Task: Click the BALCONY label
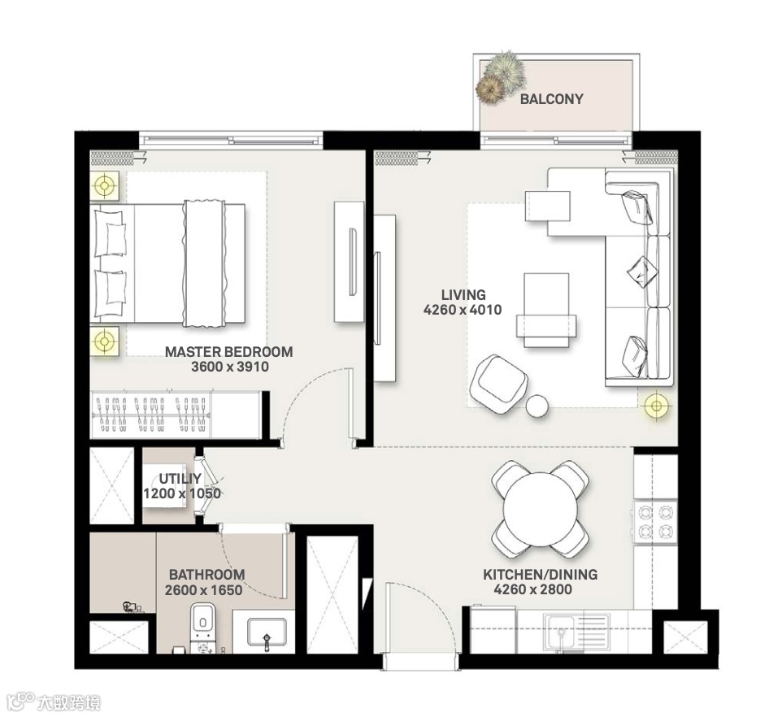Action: (551, 99)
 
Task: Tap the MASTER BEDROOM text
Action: (229, 352)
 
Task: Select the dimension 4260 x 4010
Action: (463, 310)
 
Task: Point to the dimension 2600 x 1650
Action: (203, 589)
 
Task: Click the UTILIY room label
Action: (180, 479)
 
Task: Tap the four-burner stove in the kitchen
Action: (655, 522)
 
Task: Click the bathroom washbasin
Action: (267, 632)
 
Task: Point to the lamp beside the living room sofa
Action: (656, 405)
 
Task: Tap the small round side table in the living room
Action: (537, 406)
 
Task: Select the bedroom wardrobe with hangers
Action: (176, 414)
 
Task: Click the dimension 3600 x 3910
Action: (230, 367)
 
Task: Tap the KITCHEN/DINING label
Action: (540, 574)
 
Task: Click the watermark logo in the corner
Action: (53, 702)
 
